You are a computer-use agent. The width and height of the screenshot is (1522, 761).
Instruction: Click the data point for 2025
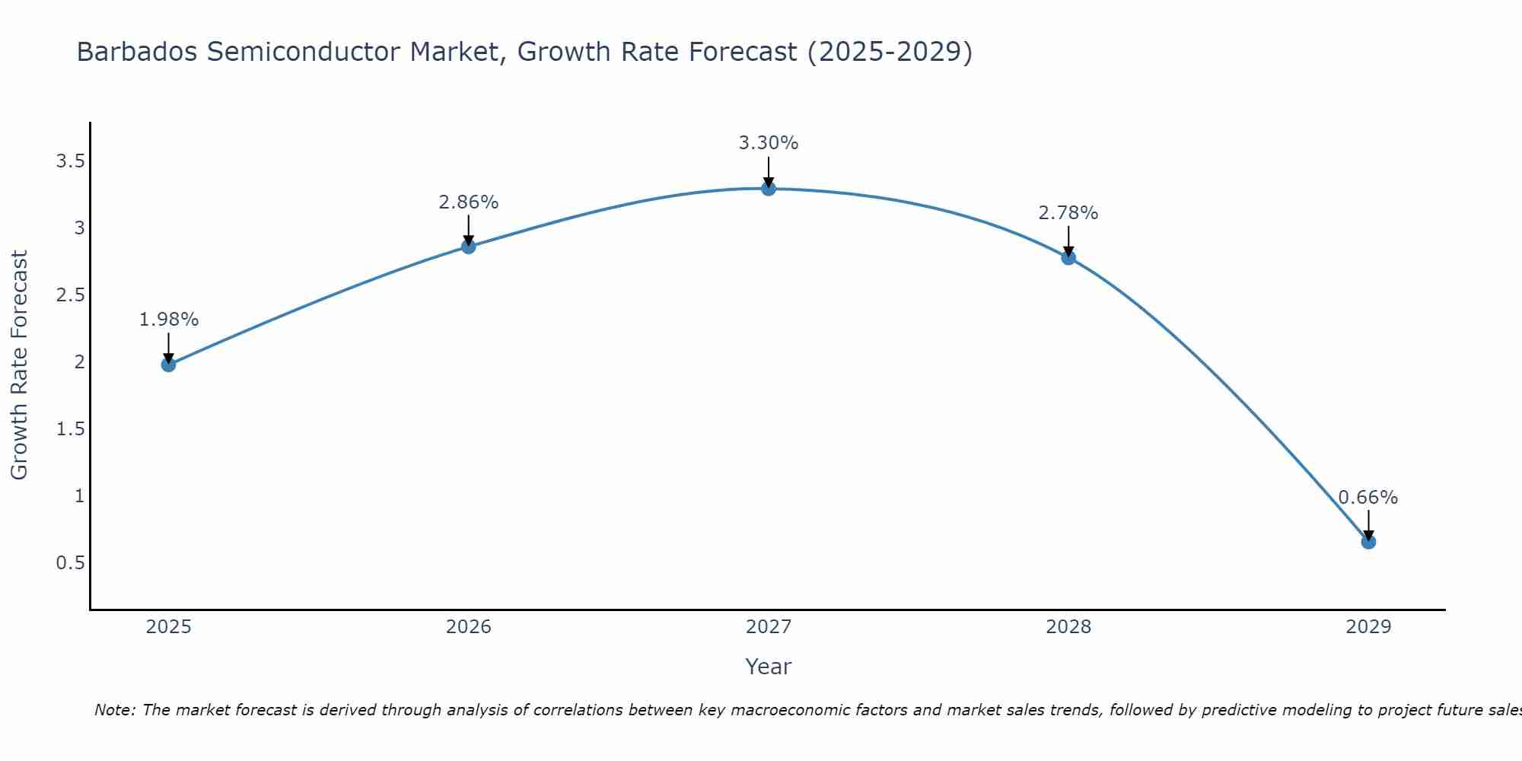(x=168, y=365)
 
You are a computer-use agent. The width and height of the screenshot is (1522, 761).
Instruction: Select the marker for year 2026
(x=469, y=247)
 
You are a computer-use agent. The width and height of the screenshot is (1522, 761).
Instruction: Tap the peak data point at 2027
(x=769, y=188)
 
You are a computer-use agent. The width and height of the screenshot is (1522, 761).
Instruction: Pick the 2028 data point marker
(x=1068, y=257)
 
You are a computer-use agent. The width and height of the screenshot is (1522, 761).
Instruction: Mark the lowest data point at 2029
(x=1368, y=542)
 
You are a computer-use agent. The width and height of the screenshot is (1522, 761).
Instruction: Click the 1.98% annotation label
(x=168, y=320)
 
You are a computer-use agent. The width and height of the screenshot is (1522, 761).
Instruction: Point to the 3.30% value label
(x=769, y=143)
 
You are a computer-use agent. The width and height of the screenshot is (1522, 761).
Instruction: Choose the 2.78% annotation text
(x=1068, y=213)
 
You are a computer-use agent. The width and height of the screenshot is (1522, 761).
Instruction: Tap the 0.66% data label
(x=1368, y=498)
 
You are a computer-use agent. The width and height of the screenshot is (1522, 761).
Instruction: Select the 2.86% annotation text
(x=469, y=202)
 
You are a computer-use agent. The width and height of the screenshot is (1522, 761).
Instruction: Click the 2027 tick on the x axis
(x=769, y=627)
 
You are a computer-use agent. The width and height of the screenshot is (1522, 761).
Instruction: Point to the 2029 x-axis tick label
(x=1368, y=627)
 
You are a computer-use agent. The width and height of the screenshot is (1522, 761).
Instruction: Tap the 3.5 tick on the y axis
(x=70, y=161)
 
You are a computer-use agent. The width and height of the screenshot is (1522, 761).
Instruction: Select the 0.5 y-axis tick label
(x=70, y=563)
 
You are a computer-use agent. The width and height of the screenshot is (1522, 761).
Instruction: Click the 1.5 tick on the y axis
(x=70, y=429)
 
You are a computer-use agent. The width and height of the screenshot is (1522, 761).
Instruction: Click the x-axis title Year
(x=769, y=667)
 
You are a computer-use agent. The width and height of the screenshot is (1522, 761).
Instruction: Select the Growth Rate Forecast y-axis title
(x=19, y=365)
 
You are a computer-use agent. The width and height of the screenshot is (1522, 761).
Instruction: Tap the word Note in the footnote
(x=114, y=710)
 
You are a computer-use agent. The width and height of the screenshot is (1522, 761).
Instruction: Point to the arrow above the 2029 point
(x=1368, y=524)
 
